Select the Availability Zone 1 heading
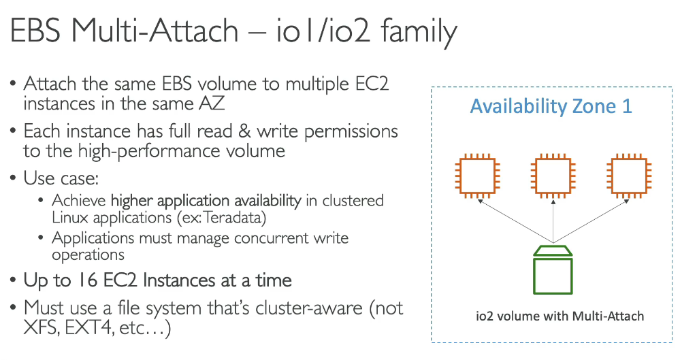pyautogui.click(x=551, y=106)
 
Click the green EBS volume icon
pyautogui.click(x=554, y=273)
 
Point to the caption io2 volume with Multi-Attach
pyautogui.click(x=560, y=316)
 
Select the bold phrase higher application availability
pyautogui.click(x=206, y=201)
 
